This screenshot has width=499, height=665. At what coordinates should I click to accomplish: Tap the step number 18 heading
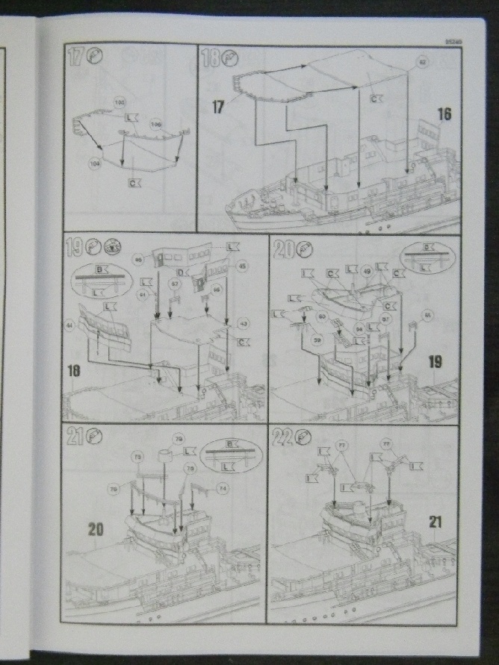210,57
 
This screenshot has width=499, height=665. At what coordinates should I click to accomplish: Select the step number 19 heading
75,247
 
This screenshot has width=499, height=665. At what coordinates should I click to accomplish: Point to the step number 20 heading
282,248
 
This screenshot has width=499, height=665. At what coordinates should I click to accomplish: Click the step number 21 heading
74,437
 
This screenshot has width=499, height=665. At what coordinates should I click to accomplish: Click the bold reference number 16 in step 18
444,114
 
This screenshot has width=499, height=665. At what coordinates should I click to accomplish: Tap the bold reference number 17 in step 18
218,107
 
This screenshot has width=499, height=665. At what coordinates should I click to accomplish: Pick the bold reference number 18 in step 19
75,369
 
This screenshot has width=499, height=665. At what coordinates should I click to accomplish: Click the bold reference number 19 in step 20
435,362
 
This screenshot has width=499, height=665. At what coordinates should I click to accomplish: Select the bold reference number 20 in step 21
95,529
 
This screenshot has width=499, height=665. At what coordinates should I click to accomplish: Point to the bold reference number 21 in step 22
435,522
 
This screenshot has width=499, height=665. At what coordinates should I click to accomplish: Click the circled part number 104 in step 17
95,163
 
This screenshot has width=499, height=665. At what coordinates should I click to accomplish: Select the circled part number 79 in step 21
178,438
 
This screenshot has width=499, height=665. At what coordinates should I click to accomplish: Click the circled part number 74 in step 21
222,487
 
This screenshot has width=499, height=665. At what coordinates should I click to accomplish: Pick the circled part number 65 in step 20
427,315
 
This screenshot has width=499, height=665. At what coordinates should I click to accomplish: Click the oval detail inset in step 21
230,455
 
